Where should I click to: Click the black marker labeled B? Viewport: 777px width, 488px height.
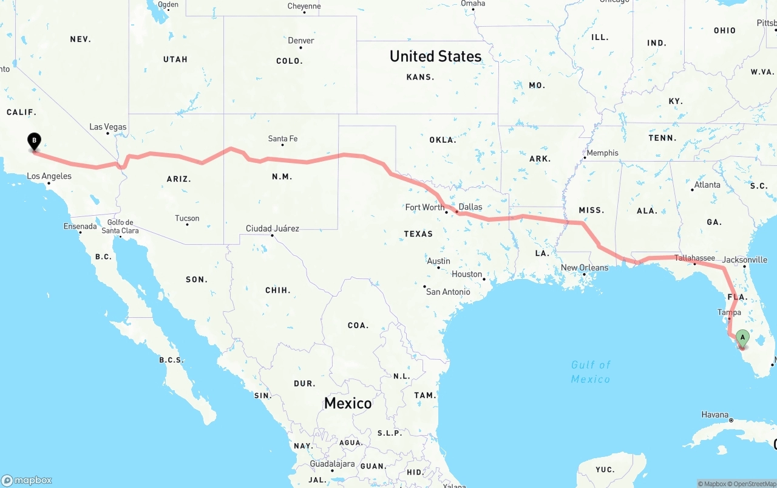[x=35, y=142]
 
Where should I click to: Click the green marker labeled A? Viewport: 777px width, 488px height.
[x=742, y=338]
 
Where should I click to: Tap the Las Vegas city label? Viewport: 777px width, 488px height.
[x=108, y=127]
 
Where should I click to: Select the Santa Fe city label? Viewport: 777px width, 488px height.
[x=283, y=139]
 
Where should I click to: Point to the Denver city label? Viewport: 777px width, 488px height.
[x=301, y=41]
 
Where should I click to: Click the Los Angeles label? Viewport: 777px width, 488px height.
[x=49, y=176]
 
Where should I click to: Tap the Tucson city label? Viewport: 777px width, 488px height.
[x=187, y=218]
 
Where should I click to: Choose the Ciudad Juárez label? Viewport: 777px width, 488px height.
[x=272, y=229]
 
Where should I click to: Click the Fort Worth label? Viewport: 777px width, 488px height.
[x=425, y=207]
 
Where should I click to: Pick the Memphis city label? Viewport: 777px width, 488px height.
[x=602, y=153]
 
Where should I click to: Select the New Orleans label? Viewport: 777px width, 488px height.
[x=584, y=267]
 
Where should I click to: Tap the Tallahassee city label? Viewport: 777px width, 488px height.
[x=694, y=258]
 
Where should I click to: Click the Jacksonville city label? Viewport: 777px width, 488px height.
[x=745, y=259]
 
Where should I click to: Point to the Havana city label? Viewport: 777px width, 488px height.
[x=715, y=414]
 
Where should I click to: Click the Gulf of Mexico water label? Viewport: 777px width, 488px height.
[x=591, y=371]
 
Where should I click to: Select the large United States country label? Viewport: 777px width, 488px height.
[x=435, y=57]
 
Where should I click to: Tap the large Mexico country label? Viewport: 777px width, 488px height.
[x=348, y=403]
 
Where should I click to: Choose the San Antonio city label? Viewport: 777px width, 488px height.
[x=448, y=292]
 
